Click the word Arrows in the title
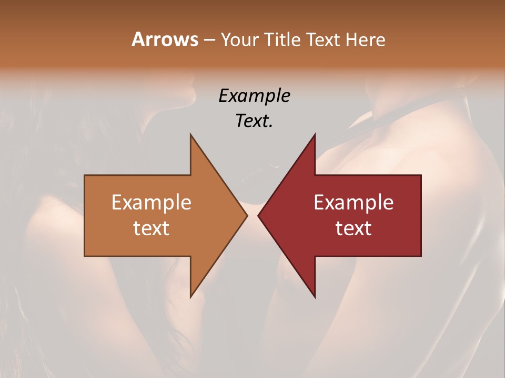click(x=165, y=39)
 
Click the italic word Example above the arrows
click(x=254, y=96)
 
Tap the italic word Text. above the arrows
click(x=254, y=121)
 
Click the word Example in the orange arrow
click(x=151, y=202)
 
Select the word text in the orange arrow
click(x=151, y=228)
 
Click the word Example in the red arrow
click(x=353, y=202)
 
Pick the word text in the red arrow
click(x=353, y=228)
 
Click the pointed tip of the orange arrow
click(x=247, y=216)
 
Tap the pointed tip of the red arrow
click(x=258, y=216)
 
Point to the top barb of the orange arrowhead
click(x=191, y=135)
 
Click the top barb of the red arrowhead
click(x=315, y=135)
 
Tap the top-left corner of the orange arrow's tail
click(x=85, y=176)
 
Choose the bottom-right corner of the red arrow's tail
click(x=420, y=256)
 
